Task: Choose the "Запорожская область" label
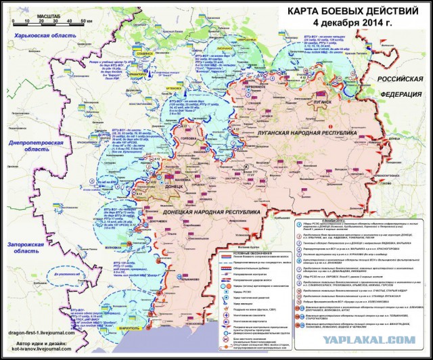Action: click(x=32, y=256)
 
